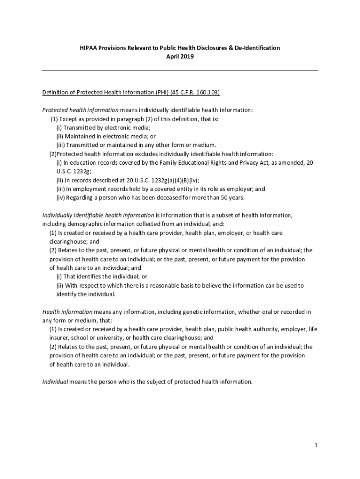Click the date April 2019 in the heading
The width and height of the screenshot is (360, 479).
tap(180, 57)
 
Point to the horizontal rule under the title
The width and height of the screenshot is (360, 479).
tap(180, 71)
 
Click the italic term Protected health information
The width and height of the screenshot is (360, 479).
tap(80, 110)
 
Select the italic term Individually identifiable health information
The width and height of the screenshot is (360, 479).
tap(98, 215)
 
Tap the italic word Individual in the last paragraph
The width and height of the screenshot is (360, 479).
tap(55, 382)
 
